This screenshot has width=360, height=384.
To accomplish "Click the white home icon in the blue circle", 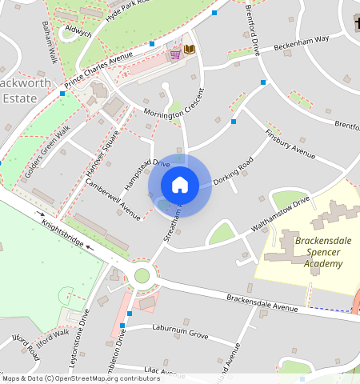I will [180, 185].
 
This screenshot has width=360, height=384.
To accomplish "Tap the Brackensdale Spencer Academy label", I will [307, 252].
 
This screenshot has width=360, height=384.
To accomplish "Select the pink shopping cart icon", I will [174, 53].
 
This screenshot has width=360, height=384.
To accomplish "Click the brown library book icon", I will [189, 50].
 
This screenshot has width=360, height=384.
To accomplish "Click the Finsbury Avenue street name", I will [290, 142].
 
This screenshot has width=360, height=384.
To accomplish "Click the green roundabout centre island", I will [142, 276].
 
